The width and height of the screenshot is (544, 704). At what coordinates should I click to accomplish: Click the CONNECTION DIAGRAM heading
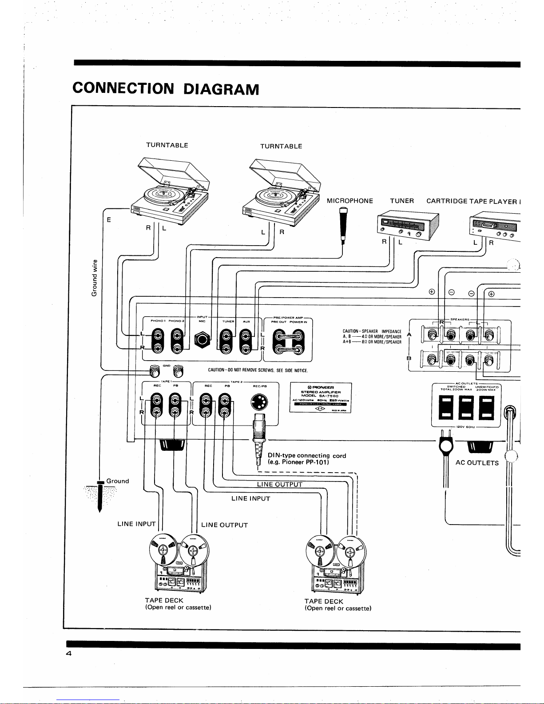point(165,88)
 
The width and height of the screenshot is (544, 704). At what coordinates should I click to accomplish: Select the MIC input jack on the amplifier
point(203,340)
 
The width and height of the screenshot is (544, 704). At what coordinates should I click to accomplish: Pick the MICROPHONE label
point(349,201)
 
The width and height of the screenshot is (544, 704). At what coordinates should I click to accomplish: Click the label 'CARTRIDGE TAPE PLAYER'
point(472,201)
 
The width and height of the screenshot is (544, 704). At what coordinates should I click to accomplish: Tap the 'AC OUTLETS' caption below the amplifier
point(477,463)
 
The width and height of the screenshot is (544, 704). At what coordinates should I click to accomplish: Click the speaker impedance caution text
point(372,337)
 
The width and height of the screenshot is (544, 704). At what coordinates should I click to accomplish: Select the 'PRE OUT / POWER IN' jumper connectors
point(289,343)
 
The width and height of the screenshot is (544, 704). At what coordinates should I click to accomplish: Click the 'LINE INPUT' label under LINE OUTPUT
point(250,498)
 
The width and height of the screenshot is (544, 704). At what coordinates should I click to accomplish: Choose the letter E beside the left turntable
point(109,219)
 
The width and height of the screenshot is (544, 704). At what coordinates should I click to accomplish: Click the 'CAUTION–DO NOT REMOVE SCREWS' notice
point(258,370)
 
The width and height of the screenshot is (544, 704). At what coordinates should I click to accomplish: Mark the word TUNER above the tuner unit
point(401,201)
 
